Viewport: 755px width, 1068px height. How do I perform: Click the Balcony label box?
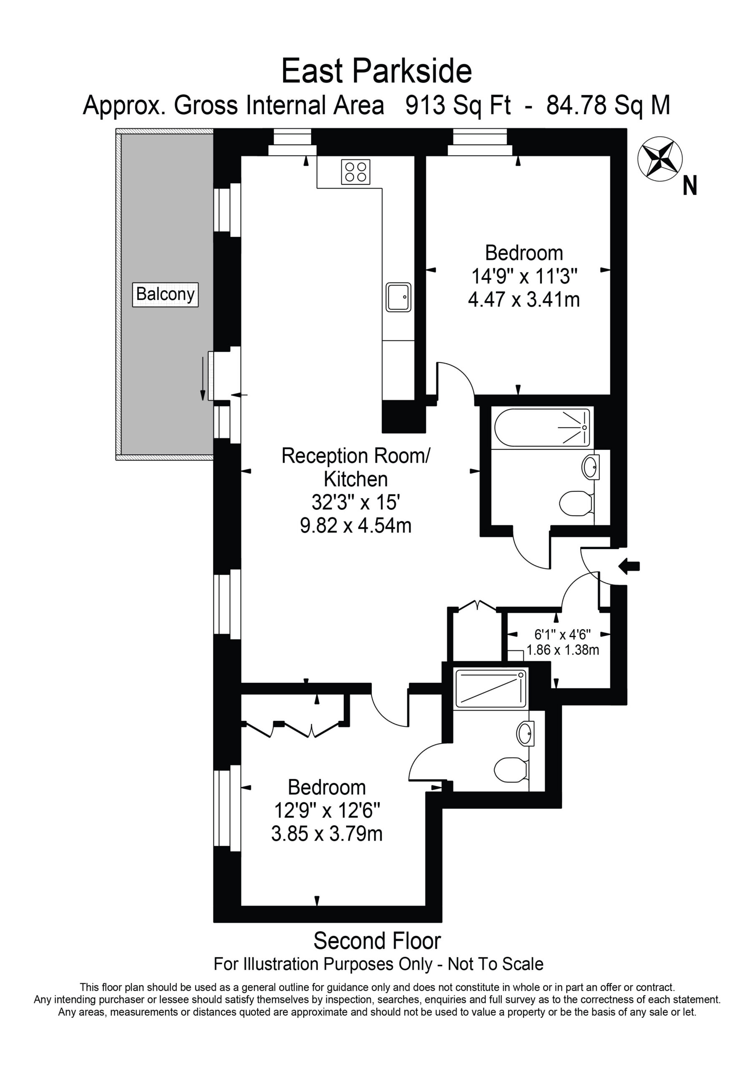point(165,295)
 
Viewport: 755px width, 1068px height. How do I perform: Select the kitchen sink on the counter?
point(398,297)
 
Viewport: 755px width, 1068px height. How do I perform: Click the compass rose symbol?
point(659,159)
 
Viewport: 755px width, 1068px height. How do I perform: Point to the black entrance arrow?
point(629,567)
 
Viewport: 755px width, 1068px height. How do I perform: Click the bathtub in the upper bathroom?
point(542,428)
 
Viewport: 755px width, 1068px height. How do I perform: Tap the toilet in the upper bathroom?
point(576,504)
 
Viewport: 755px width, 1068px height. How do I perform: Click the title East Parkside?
point(377,71)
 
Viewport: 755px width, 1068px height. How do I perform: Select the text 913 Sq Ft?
point(458,105)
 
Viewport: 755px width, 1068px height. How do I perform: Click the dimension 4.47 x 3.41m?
point(524,300)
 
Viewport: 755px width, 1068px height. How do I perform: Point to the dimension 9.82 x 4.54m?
point(356,526)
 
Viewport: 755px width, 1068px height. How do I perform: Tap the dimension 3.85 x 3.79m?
point(327,834)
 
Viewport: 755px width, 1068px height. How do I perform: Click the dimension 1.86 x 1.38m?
point(562,650)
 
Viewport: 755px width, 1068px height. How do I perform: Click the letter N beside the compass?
point(690,186)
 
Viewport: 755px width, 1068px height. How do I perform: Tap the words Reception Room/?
point(356,456)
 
